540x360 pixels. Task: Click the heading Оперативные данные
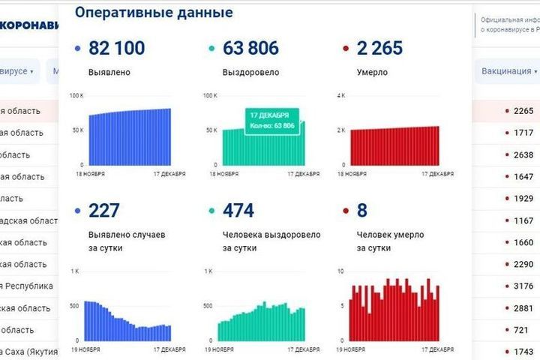(x=154, y=13)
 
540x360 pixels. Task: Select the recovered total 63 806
(x=250, y=49)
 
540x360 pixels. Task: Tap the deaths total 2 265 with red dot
(x=379, y=49)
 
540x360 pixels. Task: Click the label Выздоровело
(x=250, y=73)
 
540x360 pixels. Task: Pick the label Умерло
(x=372, y=73)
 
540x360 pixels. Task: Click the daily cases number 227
(x=104, y=211)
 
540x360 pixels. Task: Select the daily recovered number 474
(x=239, y=211)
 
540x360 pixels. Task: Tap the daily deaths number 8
(x=363, y=211)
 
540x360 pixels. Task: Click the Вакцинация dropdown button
(x=509, y=71)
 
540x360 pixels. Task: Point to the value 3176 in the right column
(x=523, y=286)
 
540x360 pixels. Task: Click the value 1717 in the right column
(x=523, y=133)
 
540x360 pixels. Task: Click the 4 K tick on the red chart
(x=340, y=96)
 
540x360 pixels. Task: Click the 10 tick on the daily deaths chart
(x=340, y=271)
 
